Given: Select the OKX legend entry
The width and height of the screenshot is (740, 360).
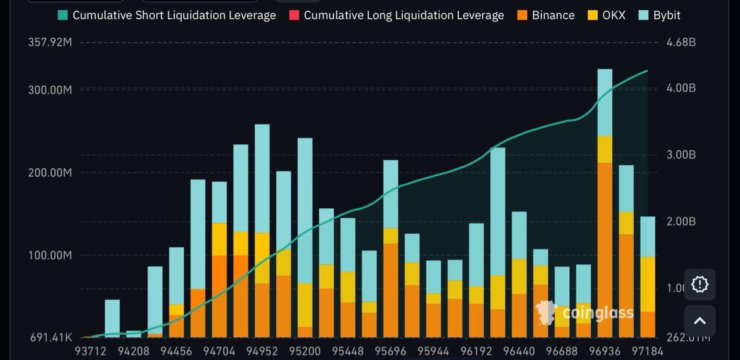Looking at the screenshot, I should (605, 15).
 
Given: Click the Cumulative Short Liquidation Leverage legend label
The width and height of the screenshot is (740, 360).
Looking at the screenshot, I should (174, 15).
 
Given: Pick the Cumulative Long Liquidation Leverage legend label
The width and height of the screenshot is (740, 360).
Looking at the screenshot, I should (404, 15).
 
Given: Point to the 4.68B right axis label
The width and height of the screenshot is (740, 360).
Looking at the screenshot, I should (681, 43).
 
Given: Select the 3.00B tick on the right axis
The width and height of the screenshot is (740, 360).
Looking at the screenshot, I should (681, 155).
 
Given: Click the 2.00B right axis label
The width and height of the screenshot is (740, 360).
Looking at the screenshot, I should (681, 221).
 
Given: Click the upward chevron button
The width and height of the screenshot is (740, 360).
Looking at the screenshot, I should (699, 321).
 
